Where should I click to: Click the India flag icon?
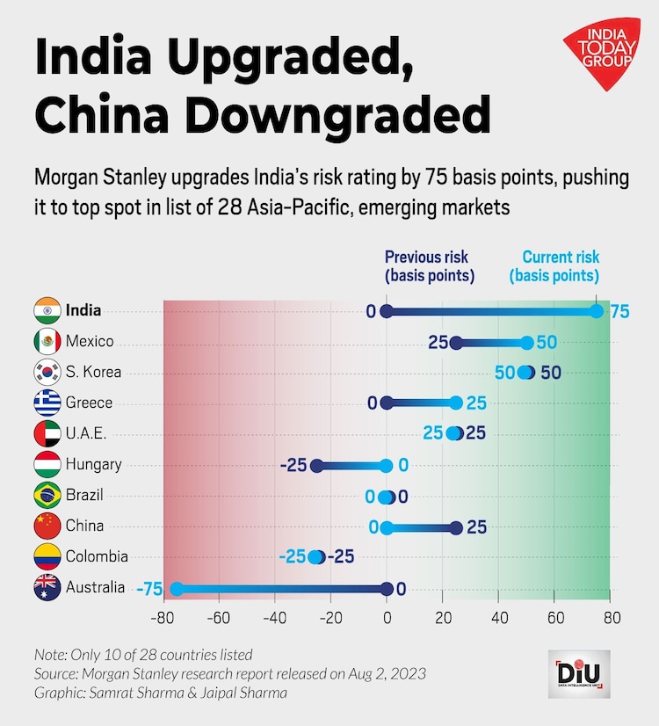click(47, 311)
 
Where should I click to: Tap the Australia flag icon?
click(47, 587)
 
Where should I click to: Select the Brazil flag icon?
click(47, 495)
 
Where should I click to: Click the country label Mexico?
click(90, 342)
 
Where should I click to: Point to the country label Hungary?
click(93, 464)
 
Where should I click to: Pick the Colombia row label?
click(97, 556)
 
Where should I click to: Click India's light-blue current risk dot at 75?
click(597, 311)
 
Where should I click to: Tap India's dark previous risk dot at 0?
click(387, 311)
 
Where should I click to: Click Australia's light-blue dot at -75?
click(176, 589)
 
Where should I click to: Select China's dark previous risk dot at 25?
click(456, 527)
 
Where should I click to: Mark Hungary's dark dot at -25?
click(317, 466)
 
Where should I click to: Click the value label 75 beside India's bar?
click(619, 312)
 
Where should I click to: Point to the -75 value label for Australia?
click(149, 589)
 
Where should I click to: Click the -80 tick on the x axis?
click(162, 617)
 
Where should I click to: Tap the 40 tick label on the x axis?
click(498, 617)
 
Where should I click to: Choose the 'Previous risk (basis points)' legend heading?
click(426, 266)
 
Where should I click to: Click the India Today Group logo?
click(599, 62)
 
